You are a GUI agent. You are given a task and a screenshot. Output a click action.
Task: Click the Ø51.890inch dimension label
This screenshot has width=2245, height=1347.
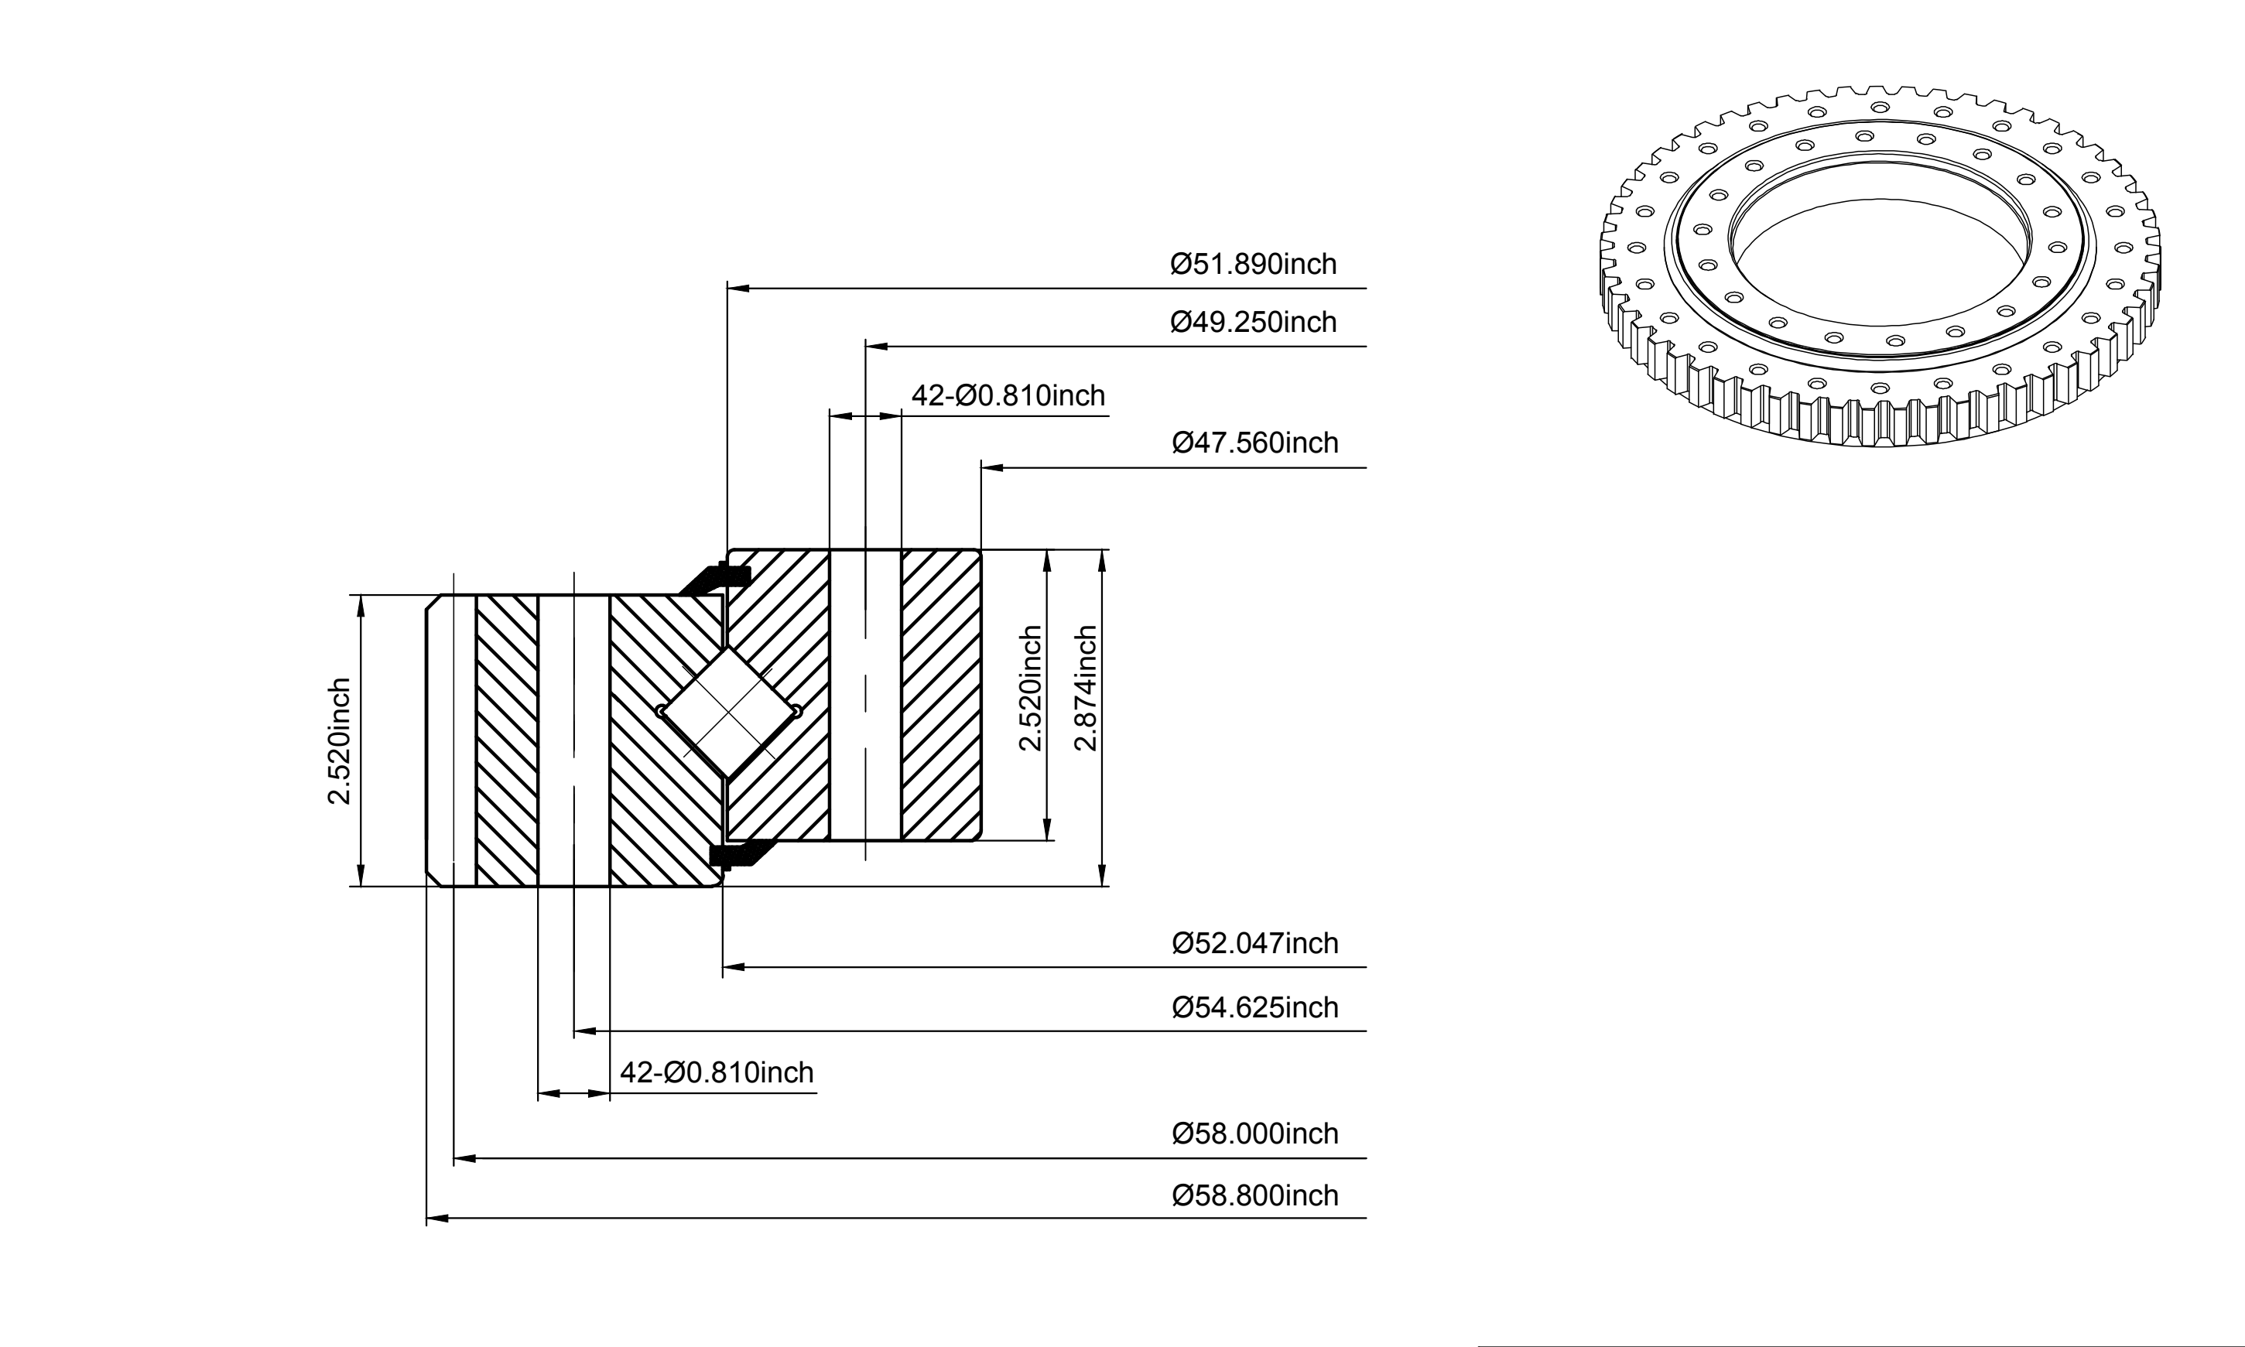pyautogui.click(x=1254, y=264)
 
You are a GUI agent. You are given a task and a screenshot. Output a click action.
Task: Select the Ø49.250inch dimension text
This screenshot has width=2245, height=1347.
pyautogui.click(x=1254, y=322)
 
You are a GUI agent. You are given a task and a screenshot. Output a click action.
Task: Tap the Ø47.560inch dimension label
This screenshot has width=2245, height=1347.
pyautogui.click(x=1255, y=443)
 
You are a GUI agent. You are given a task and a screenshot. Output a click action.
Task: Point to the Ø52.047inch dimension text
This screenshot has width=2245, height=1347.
pyautogui.click(x=1255, y=943)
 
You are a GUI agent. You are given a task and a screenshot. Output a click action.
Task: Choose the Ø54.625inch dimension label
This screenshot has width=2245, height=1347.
pyautogui.click(x=1255, y=1007)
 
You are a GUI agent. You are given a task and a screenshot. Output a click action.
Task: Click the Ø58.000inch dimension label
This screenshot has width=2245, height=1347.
pyautogui.click(x=1255, y=1133)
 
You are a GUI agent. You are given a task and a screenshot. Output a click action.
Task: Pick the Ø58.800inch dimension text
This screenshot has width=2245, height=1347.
pyautogui.click(x=1255, y=1195)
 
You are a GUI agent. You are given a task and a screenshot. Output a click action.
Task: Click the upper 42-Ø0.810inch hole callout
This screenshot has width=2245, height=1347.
pyautogui.click(x=1008, y=396)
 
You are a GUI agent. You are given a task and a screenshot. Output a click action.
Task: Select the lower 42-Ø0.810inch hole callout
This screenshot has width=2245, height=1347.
pyautogui.click(x=717, y=1073)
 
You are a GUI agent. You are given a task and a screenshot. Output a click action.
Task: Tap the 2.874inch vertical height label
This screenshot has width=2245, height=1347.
pyautogui.click(x=1086, y=688)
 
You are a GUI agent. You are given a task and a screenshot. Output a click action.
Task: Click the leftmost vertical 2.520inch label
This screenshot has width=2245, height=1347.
pyautogui.click(x=339, y=741)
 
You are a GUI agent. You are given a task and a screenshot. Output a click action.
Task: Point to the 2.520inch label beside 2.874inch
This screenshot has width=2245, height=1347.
pyautogui.click(x=1030, y=688)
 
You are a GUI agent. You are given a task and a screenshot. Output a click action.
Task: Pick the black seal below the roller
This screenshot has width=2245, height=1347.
pyautogui.click(x=740, y=854)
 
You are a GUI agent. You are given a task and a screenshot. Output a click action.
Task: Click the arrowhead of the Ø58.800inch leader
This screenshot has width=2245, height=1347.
pyautogui.click(x=436, y=1218)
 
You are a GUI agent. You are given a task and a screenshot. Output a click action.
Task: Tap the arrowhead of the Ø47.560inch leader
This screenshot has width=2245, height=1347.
pyautogui.click(x=991, y=467)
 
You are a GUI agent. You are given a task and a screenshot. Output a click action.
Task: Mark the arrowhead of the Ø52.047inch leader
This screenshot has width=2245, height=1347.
pyautogui.click(x=734, y=968)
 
